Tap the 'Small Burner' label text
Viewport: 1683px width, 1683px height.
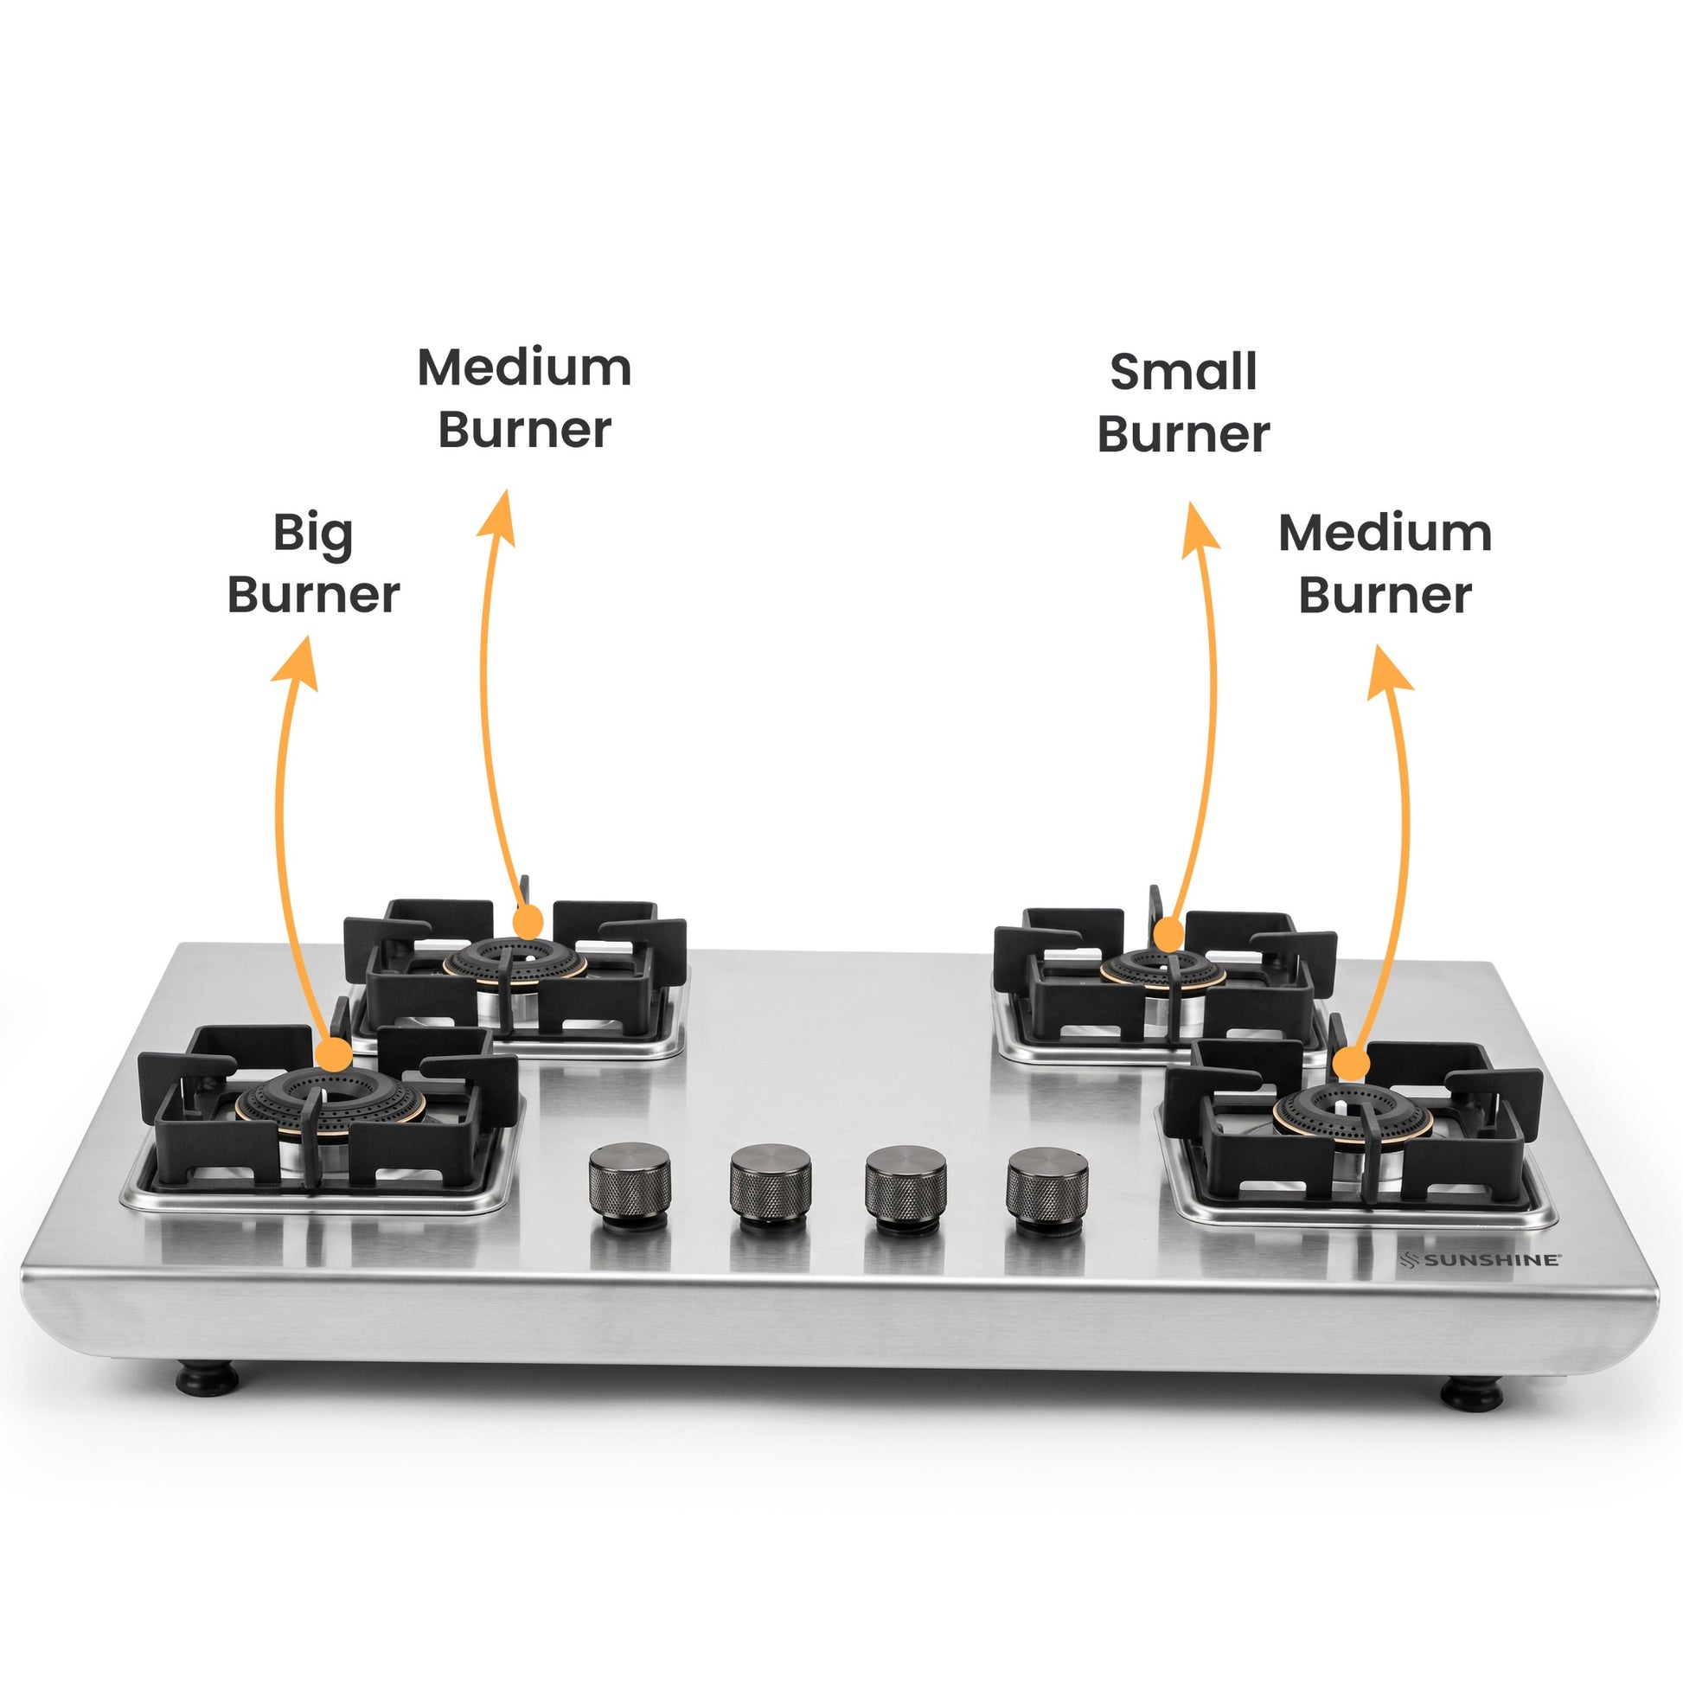(1183, 402)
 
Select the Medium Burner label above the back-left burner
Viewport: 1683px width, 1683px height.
(524, 398)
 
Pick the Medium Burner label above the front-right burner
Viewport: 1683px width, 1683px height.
(1385, 564)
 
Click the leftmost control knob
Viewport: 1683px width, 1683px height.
(630, 1186)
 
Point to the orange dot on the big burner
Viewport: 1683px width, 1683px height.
(334, 1055)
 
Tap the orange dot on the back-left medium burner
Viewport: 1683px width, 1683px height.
(527, 922)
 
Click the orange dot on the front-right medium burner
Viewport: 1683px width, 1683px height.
(1351, 1065)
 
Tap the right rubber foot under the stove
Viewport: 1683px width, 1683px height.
(1472, 1393)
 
